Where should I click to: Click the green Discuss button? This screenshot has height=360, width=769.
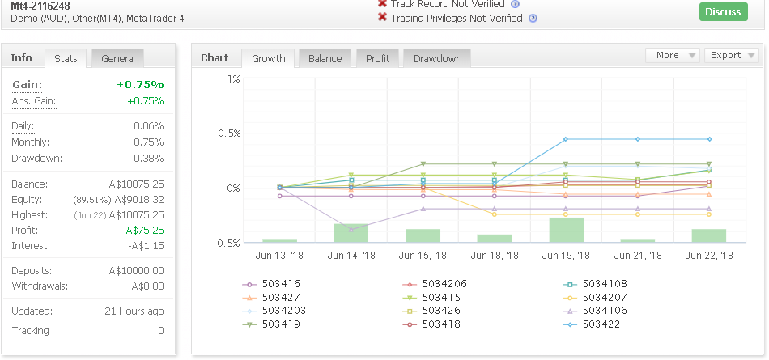pyautogui.click(x=724, y=12)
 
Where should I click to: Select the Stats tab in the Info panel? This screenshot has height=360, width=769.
pyautogui.click(x=66, y=59)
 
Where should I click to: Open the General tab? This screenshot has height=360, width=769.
pyautogui.click(x=117, y=59)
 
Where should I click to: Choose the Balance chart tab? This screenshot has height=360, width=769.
pyautogui.click(x=325, y=59)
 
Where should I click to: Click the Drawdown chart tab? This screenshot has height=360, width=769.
pyautogui.click(x=437, y=59)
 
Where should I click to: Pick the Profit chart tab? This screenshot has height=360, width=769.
pyautogui.click(x=378, y=59)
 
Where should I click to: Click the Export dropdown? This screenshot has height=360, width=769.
pyautogui.click(x=731, y=56)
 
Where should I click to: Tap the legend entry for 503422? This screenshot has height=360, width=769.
pyautogui.click(x=592, y=324)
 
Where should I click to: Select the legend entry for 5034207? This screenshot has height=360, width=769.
pyautogui.click(x=595, y=297)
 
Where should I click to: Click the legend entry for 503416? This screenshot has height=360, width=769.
pyautogui.click(x=271, y=284)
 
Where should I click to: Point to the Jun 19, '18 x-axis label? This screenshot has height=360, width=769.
pyautogui.click(x=566, y=256)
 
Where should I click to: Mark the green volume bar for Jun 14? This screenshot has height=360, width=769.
pyautogui.click(x=351, y=233)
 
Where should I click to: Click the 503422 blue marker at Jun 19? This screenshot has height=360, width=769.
pyautogui.click(x=566, y=139)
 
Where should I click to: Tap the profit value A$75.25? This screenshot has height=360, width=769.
pyautogui.click(x=145, y=231)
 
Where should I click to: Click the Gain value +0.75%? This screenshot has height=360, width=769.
pyautogui.click(x=140, y=84)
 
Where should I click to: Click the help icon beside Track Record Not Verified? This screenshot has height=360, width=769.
pyautogui.click(x=515, y=4)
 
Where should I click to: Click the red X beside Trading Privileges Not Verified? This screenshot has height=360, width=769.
pyautogui.click(x=383, y=17)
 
